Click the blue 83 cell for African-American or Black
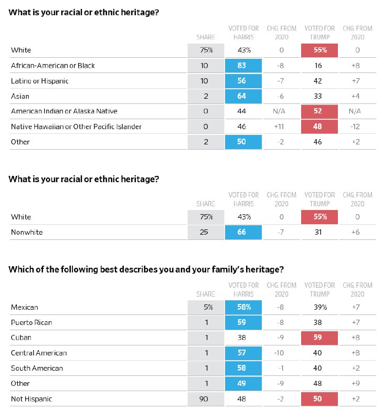(243, 66)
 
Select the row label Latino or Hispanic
(39, 81)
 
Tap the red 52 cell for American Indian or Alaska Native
(320, 111)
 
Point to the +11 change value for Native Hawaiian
(279, 127)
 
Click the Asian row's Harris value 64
(243, 96)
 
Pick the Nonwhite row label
(27, 232)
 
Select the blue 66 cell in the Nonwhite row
(243, 232)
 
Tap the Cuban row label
(21, 337)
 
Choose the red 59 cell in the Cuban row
(320, 338)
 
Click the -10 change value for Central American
(279, 353)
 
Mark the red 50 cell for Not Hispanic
(320, 399)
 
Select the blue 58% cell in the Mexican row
(243, 307)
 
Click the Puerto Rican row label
(31, 322)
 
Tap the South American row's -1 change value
(281, 368)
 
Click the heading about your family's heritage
(146, 269)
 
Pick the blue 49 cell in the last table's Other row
(243, 384)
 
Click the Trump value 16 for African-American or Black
(318, 66)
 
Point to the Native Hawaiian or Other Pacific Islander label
(76, 127)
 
